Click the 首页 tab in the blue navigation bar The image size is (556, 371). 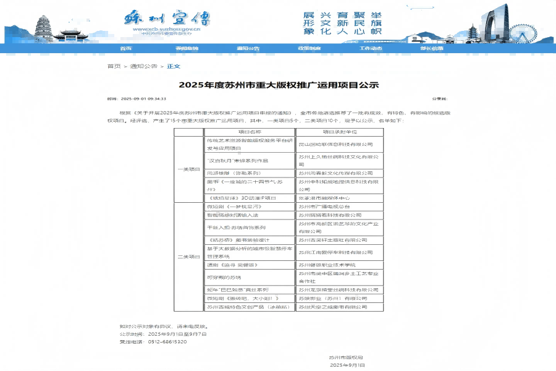click(x=125, y=48)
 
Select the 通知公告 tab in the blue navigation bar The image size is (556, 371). click(x=248, y=48)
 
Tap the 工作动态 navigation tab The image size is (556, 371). click(x=371, y=48)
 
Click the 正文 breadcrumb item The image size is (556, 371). click(x=174, y=66)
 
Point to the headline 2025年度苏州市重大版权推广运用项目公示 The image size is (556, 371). click(x=278, y=85)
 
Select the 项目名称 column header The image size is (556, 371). click(x=250, y=132)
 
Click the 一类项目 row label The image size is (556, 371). click(x=188, y=169)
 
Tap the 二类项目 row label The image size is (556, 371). click(x=188, y=256)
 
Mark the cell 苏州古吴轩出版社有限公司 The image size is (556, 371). click(x=334, y=239)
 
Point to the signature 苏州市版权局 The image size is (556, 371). click(x=345, y=357)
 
